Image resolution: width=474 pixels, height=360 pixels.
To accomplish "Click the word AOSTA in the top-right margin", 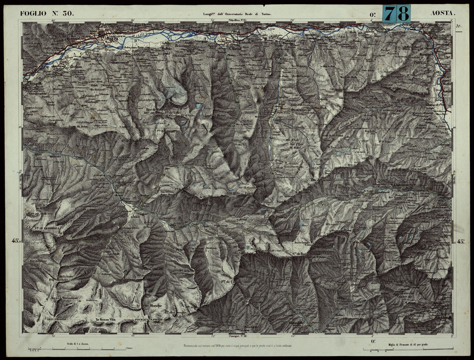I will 443,13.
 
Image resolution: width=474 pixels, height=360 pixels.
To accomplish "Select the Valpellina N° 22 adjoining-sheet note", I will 235,20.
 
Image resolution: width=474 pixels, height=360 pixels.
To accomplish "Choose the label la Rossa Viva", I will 105,319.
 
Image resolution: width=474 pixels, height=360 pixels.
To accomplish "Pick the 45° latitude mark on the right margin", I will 460,241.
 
